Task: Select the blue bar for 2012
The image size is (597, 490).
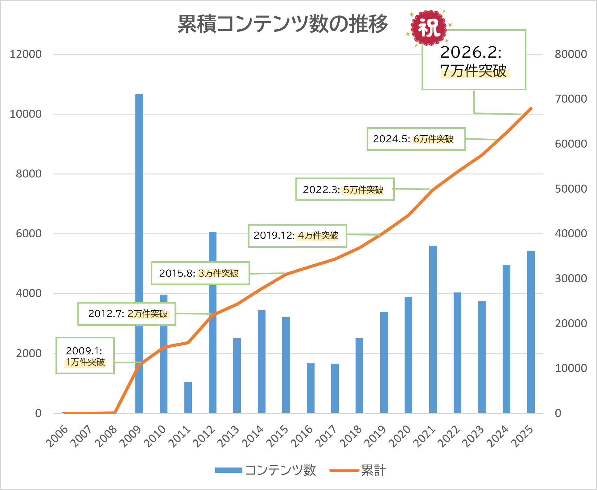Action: (x=212, y=354)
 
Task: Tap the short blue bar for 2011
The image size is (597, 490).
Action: (x=188, y=398)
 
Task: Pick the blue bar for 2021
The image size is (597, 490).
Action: (x=433, y=330)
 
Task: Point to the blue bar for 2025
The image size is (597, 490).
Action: (x=531, y=333)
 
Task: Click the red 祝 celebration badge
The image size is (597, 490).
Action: (x=429, y=28)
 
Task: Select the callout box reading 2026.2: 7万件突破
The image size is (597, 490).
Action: (x=474, y=60)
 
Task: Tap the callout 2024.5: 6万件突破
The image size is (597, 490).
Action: (x=416, y=139)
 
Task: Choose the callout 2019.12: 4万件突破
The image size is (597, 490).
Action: (x=297, y=236)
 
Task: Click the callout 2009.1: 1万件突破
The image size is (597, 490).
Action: (x=85, y=356)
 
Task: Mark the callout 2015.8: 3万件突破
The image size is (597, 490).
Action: (x=200, y=273)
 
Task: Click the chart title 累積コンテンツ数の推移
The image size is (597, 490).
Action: (x=282, y=24)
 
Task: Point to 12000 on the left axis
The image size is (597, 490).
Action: (x=26, y=54)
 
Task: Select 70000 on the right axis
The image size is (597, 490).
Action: (x=571, y=99)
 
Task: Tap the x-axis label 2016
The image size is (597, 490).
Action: (x=303, y=436)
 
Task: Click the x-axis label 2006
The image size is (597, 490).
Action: (x=57, y=436)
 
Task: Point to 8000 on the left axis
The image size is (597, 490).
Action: (x=29, y=174)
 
